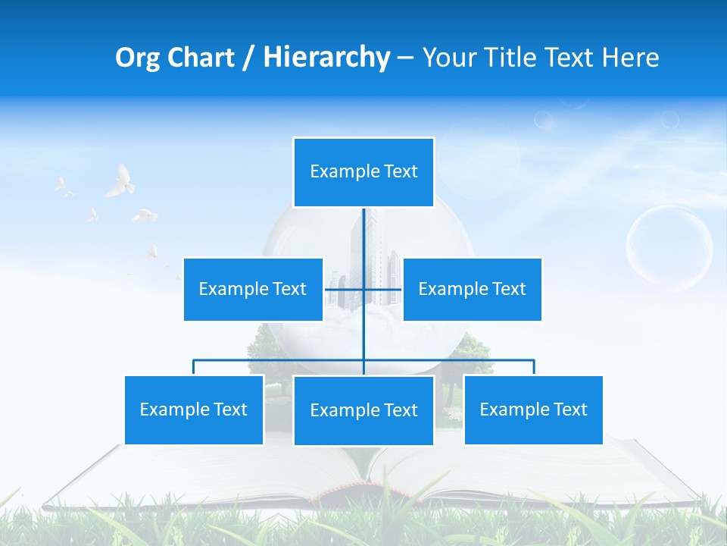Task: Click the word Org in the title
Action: [x=137, y=58]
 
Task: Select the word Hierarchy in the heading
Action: [x=326, y=58]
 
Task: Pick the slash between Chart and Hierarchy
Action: [x=248, y=58]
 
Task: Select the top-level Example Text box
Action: [x=363, y=172]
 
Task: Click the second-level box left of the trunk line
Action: [x=253, y=289]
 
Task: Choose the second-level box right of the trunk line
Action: [x=472, y=289]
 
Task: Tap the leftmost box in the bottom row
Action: [x=194, y=409]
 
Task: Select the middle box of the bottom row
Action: [x=363, y=410]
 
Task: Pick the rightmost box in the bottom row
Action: [x=533, y=409]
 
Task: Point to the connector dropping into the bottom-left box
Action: [x=194, y=367]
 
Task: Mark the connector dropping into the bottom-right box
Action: [x=534, y=367]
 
